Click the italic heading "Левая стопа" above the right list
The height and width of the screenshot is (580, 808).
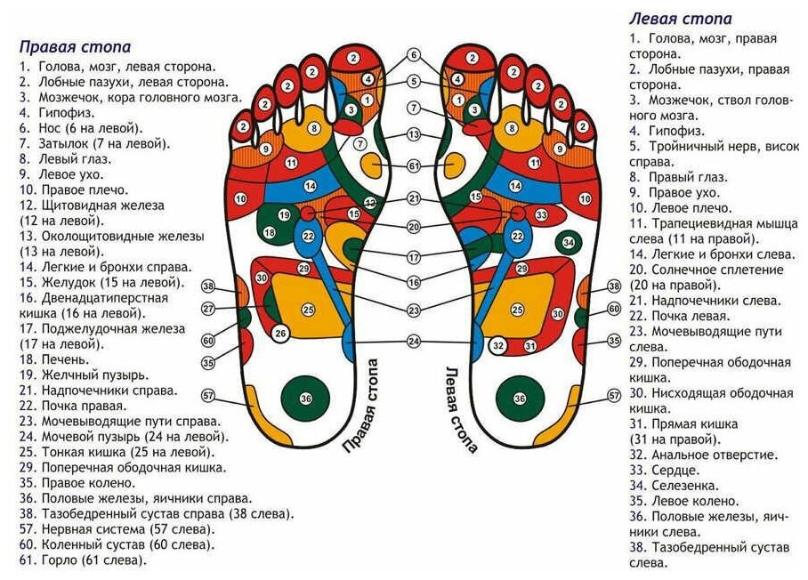point(680,19)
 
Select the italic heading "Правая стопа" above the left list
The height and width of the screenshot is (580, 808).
point(75,46)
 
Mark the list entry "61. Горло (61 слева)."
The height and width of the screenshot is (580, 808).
point(81,560)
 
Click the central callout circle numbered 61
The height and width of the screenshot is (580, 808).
point(414,166)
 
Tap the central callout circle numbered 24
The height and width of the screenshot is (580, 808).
point(414,342)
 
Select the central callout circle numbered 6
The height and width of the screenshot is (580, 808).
point(414,55)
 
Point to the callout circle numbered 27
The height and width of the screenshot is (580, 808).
point(208,309)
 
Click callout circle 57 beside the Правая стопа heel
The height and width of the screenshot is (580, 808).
point(208,395)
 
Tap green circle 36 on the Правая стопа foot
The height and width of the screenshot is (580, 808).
point(305,399)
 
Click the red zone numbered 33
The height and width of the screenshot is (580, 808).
point(540,215)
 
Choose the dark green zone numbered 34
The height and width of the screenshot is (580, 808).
point(570,242)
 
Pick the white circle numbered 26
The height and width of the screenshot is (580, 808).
point(281,334)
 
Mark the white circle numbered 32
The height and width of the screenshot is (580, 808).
point(499,345)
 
